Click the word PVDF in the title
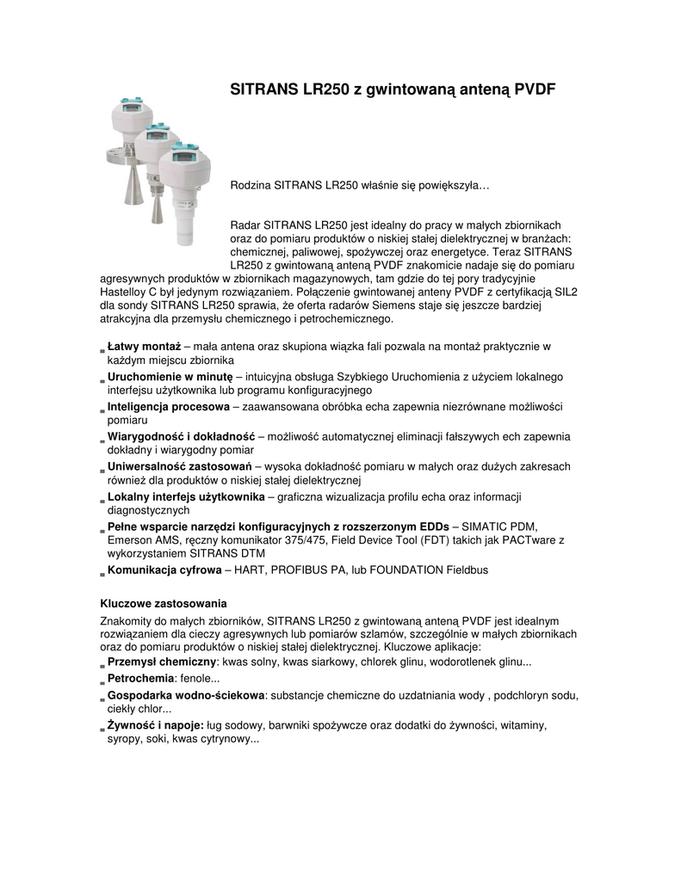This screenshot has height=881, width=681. tap(533, 89)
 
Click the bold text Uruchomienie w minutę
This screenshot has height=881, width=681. tap(170, 377)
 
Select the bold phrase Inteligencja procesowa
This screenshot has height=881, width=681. tap(168, 406)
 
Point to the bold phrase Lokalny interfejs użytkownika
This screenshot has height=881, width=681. tap(186, 496)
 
